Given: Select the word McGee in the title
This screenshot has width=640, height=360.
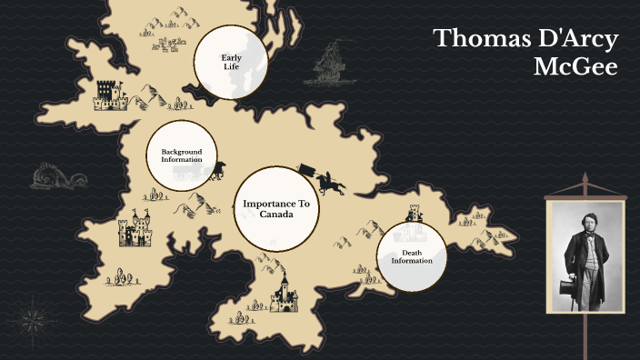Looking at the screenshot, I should click(x=583, y=68).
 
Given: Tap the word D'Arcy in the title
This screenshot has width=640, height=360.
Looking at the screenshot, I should click(x=576, y=39).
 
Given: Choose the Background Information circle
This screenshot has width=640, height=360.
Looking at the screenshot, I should click(x=182, y=155).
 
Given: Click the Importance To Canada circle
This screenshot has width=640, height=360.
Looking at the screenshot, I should click(x=275, y=208).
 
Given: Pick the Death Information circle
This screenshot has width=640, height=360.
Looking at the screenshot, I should click(x=412, y=255).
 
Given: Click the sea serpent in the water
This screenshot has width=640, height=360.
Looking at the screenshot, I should click(x=53, y=176).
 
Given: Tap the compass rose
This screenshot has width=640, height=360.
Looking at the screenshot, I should click(x=35, y=319).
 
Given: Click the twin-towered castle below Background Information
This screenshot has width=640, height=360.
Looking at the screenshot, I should click(x=138, y=230).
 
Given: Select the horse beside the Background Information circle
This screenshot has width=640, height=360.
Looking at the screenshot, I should click(x=217, y=169).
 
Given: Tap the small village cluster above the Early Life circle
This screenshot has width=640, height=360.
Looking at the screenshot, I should click(x=170, y=42).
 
